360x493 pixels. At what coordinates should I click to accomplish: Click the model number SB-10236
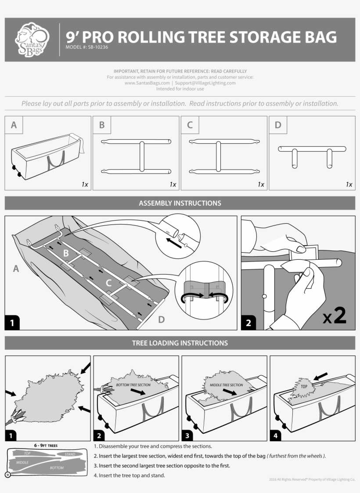click(x=87, y=47)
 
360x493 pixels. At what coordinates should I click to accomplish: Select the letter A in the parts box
click(x=14, y=125)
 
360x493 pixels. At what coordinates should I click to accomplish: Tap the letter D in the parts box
click(x=278, y=125)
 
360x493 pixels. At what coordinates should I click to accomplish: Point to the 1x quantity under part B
click(x=173, y=185)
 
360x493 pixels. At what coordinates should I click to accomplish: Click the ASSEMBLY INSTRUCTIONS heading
click(x=180, y=203)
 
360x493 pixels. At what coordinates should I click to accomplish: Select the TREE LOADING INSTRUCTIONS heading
click(x=180, y=343)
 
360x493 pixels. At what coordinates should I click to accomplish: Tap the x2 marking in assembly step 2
click(x=335, y=317)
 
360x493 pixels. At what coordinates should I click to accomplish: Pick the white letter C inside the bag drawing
click(x=108, y=283)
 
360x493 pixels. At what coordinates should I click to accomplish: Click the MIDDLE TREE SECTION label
click(x=226, y=385)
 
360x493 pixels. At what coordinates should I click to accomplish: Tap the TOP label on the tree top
click(x=304, y=386)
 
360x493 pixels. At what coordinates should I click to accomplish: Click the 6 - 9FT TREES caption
click(x=46, y=445)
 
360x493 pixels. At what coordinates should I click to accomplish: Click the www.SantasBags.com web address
click(x=147, y=83)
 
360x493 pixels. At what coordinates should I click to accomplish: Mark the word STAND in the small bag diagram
click(x=70, y=454)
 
